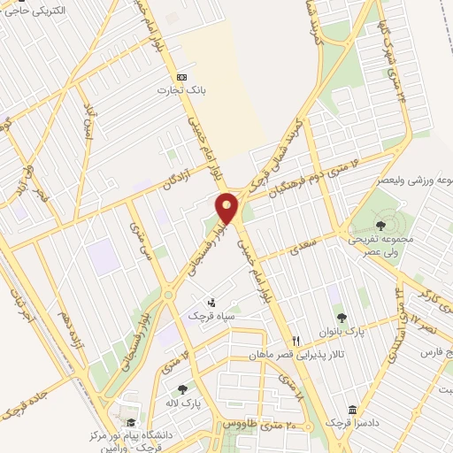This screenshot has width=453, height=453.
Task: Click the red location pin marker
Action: pyautogui.click(x=228, y=208)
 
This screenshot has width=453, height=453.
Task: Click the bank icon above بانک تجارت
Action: pyautogui.click(x=181, y=76)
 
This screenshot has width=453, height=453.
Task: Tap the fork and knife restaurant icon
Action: pyautogui.click(x=297, y=340)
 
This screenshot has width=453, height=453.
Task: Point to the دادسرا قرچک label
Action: pyautogui.click(x=353, y=423)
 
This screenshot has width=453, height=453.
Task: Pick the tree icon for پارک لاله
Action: pyautogui.click(x=182, y=388)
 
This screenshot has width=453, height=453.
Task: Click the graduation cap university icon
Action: pyautogui.click(x=132, y=422)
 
